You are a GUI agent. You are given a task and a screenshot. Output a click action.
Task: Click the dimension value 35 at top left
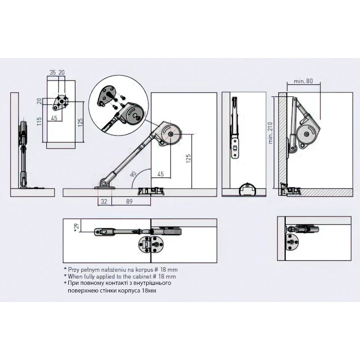53,72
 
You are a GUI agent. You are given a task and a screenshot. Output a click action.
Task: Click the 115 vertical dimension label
40,121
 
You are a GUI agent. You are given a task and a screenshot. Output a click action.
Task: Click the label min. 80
303,81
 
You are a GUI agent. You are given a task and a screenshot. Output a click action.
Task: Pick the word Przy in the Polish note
74,269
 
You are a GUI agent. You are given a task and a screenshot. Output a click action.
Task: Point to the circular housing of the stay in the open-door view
170,134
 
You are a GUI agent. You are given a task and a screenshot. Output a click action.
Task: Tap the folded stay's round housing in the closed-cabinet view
306,134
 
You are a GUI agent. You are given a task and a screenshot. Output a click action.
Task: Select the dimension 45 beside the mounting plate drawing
54,118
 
